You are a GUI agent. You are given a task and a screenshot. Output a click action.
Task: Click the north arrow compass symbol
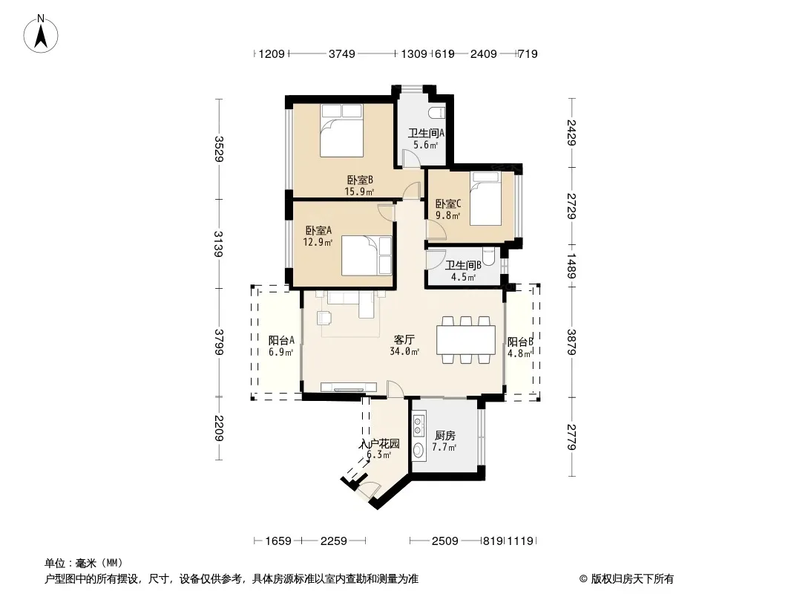point(41,34)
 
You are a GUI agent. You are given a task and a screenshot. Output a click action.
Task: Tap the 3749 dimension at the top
point(342,53)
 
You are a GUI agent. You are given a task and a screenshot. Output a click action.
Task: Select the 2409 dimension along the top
point(483,53)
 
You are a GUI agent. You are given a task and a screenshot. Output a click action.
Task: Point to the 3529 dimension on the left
point(218,149)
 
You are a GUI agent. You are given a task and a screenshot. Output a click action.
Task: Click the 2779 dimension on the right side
point(571,437)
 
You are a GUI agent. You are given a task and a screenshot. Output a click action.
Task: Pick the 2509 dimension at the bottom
point(444,541)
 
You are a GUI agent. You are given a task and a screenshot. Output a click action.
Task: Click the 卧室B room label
point(360,180)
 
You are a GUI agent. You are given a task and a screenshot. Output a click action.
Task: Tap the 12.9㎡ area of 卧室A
point(318,242)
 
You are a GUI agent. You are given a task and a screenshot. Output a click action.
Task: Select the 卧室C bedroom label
point(448,204)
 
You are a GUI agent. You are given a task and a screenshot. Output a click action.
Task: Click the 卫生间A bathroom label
point(426,133)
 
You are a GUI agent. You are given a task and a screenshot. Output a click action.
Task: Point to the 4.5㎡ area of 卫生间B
point(463,277)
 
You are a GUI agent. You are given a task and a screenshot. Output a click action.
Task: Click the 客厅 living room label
point(404,339)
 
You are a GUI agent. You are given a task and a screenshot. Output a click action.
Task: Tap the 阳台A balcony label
point(281,341)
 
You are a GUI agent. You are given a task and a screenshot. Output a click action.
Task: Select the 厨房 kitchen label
point(444,436)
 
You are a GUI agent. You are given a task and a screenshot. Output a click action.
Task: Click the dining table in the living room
point(466,340)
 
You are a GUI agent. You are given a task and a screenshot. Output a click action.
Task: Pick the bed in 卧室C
point(485,199)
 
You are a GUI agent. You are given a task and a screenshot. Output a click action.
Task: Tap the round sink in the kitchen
point(419,450)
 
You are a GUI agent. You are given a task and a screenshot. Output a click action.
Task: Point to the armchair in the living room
point(324,318)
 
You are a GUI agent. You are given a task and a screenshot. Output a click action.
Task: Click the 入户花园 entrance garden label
point(380,444)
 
